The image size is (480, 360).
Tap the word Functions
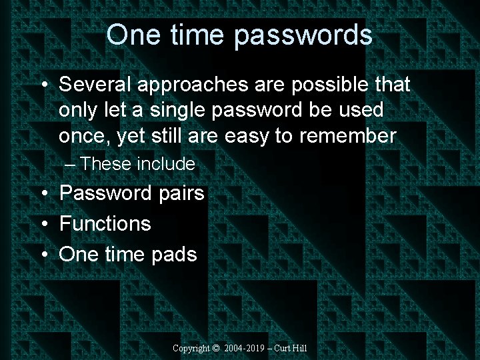pos(105,223)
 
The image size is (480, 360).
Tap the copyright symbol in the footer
pos(215,349)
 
